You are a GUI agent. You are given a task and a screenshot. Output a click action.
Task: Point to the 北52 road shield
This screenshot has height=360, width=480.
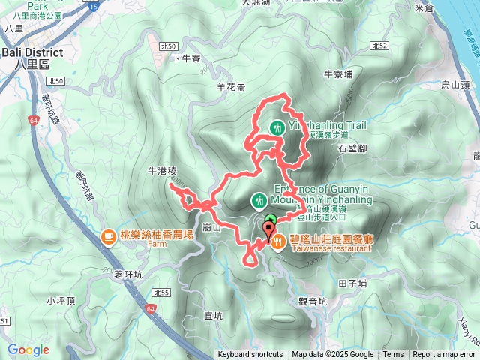pos(379,46)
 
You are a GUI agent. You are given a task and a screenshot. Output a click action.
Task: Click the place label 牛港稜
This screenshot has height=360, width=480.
pos(161,171)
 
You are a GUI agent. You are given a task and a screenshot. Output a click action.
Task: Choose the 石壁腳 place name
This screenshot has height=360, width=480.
pos(352,148)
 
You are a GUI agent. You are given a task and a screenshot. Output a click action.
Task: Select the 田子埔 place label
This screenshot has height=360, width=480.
pos(352,283)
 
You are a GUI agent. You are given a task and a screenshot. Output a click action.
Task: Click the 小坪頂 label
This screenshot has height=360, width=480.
pos(58,301)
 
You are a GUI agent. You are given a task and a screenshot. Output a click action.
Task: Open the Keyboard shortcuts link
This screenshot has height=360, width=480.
pos(250,355)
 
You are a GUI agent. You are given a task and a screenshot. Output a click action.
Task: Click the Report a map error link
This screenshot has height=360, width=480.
pos(443,355)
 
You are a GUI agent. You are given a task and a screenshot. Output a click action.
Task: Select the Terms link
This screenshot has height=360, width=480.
pos(393,355)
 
